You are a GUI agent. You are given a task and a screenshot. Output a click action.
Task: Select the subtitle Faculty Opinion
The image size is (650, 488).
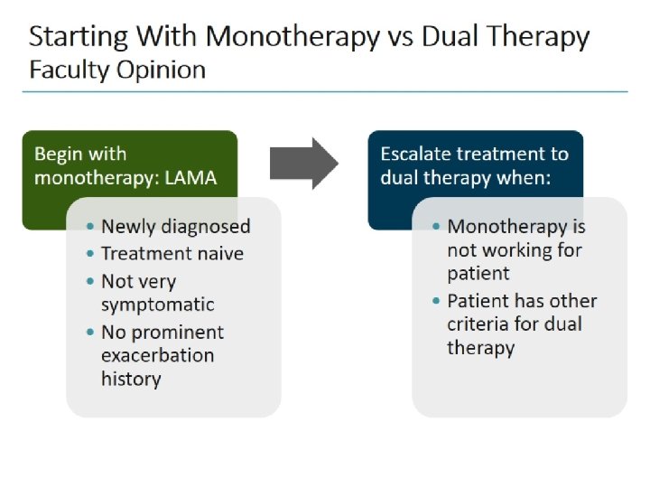click(117, 70)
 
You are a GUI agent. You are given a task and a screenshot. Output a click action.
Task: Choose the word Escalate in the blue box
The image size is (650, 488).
click(419, 154)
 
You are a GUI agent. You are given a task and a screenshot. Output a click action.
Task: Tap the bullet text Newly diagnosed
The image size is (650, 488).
click(175, 227)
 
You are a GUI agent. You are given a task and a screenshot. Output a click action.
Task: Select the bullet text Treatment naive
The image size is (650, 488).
click(172, 254)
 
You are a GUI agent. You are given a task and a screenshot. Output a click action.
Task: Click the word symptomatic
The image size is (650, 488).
click(157, 305)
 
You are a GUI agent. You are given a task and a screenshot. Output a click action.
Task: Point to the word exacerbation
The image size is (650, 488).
click(157, 354)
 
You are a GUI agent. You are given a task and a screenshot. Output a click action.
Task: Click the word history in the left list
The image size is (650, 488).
click(130, 379)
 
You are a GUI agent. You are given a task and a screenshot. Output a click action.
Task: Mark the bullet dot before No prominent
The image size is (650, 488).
click(93, 333)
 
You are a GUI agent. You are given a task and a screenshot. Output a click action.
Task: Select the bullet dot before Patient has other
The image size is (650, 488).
click(439, 301)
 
